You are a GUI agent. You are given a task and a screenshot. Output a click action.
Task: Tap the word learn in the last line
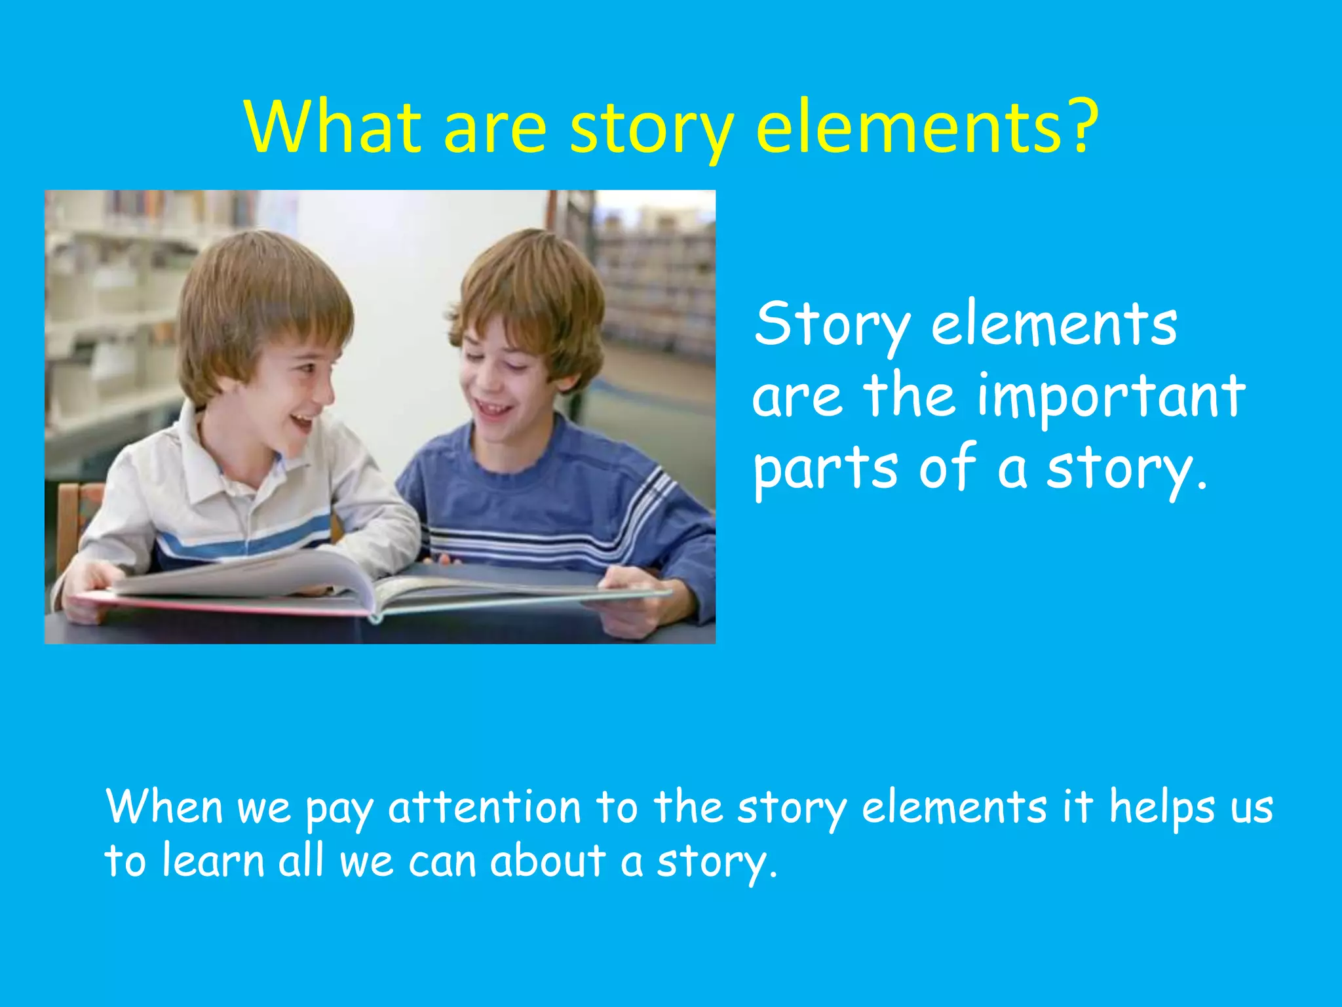(x=213, y=860)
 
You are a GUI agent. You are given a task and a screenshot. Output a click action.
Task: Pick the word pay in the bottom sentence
(x=339, y=810)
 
